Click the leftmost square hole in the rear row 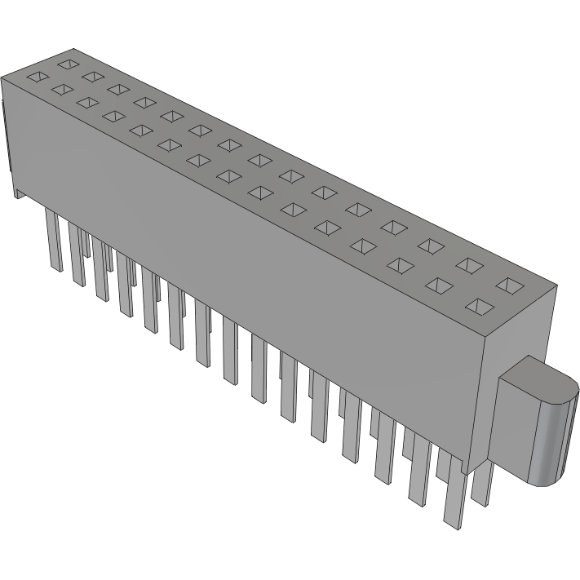coord(68,62)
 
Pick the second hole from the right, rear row coord(469,264)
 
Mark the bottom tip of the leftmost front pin coord(57,268)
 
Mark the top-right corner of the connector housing coord(558,286)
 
